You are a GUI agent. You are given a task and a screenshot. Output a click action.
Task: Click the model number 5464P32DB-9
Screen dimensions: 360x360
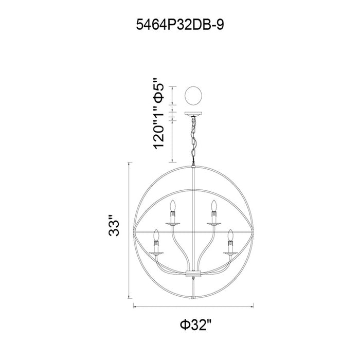[180, 25]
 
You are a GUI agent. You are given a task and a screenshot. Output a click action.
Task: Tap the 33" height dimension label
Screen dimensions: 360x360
[114, 225]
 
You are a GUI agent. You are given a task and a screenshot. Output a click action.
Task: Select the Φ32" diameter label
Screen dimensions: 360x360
[195, 325]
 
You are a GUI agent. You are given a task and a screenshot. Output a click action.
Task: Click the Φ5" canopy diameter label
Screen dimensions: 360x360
[159, 91]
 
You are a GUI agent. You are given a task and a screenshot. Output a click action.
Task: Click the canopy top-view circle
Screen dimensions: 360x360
[193, 96]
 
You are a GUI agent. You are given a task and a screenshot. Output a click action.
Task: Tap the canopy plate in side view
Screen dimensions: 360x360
[193, 114]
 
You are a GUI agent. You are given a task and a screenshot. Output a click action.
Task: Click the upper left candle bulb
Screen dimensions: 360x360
[173, 206]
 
